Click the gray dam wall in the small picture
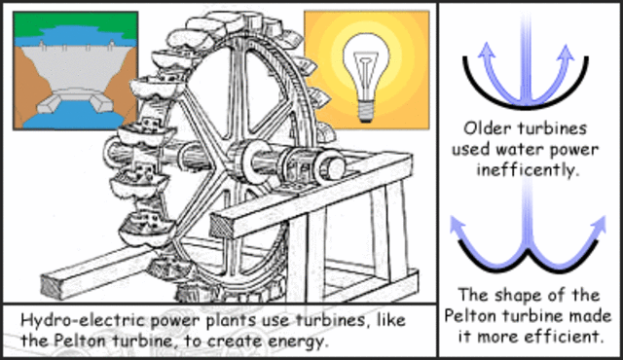[x=73, y=68]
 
